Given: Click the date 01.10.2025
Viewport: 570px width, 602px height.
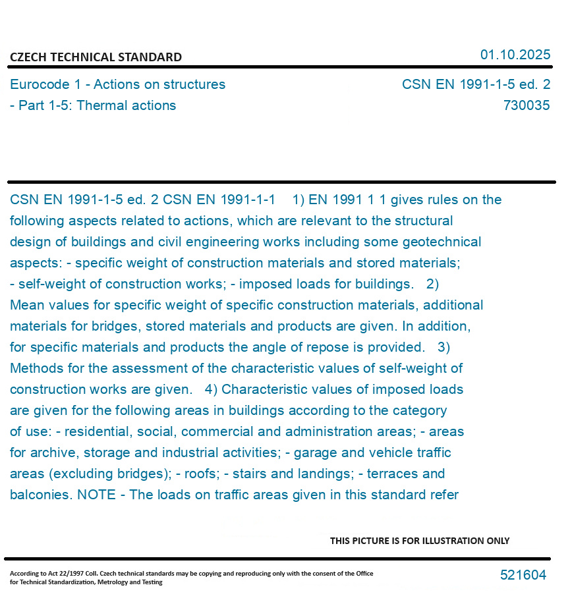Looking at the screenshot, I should click(x=515, y=55).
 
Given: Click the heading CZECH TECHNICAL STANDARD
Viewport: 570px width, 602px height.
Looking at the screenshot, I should click(x=96, y=57).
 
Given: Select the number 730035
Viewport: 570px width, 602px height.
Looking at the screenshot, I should click(x=527, y=105).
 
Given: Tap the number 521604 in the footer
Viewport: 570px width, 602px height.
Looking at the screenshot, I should click(x=523, y=575).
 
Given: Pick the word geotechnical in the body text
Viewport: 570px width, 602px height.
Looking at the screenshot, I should click(x=442, y=242).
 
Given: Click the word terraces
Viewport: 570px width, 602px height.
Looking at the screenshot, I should click(x=393, y=474).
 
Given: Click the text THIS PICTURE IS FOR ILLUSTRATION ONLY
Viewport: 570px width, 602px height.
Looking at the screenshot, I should click(x=420, y=541).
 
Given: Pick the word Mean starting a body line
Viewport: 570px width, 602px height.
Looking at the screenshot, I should click(x=26, y=305).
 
